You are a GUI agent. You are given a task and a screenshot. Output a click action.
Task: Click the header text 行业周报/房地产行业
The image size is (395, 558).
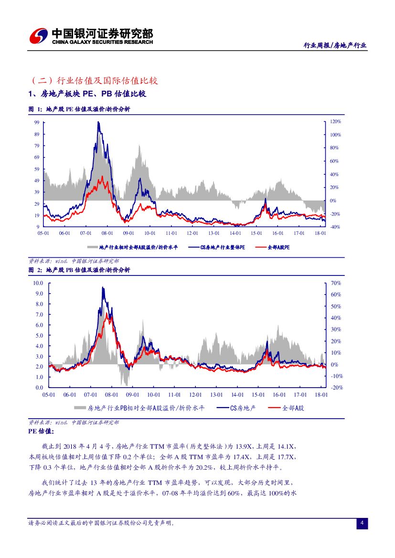tap(335, 45)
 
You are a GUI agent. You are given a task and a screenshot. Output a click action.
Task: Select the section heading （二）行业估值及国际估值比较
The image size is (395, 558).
tap(93, 80)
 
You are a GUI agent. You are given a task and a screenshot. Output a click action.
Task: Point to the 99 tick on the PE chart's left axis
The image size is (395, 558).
tap(37, 123)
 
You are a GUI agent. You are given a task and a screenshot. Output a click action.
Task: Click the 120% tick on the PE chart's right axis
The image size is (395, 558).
tap(335, 122)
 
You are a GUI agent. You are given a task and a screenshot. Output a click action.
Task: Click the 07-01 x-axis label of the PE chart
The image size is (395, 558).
tap(86, 233)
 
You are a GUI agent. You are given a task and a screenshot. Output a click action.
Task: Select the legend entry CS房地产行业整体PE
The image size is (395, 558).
tap(217, 248)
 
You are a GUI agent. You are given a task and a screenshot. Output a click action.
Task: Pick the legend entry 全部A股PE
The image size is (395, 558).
tap(273, 248)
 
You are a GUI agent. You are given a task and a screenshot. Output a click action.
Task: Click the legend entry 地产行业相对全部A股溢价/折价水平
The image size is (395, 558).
tap(134, 248)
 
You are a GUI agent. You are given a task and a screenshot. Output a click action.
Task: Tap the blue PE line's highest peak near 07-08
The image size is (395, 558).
tap(98, 123)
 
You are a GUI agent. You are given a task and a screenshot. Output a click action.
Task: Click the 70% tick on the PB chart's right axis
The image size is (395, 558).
tap(335, 283)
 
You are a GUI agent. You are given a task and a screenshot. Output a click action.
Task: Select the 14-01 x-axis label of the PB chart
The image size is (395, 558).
tap(237, 395)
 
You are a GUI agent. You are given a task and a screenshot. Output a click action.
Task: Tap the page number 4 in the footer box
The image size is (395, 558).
tap(362, 524)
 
